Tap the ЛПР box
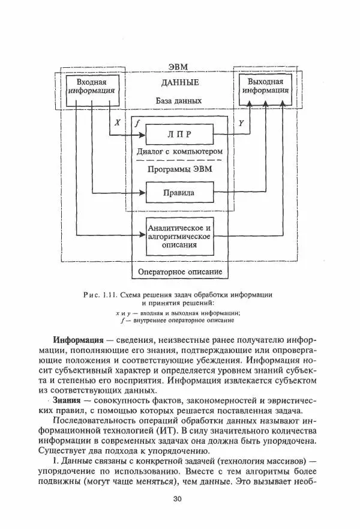click(180, 135)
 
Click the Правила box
click(180, 193)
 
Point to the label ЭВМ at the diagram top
click(181, 67)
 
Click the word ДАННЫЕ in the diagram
click(181, 83)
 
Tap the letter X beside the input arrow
click(118, 122)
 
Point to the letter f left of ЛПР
click(137, 123)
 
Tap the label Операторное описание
click(181, 272)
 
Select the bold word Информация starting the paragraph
click(78, 340)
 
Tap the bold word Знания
click(67, 399)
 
